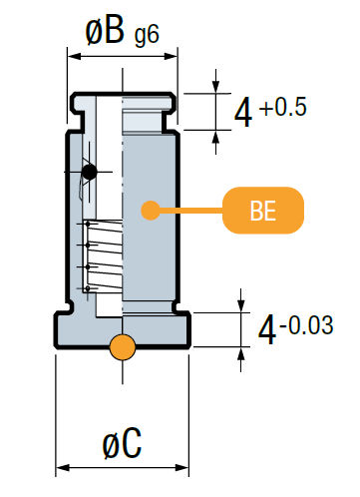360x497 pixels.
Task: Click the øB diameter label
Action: (104, 32)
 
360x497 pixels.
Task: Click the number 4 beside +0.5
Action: (242, 114)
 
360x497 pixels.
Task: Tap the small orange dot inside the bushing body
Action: (150, 211)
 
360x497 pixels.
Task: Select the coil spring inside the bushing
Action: (102, 256)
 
